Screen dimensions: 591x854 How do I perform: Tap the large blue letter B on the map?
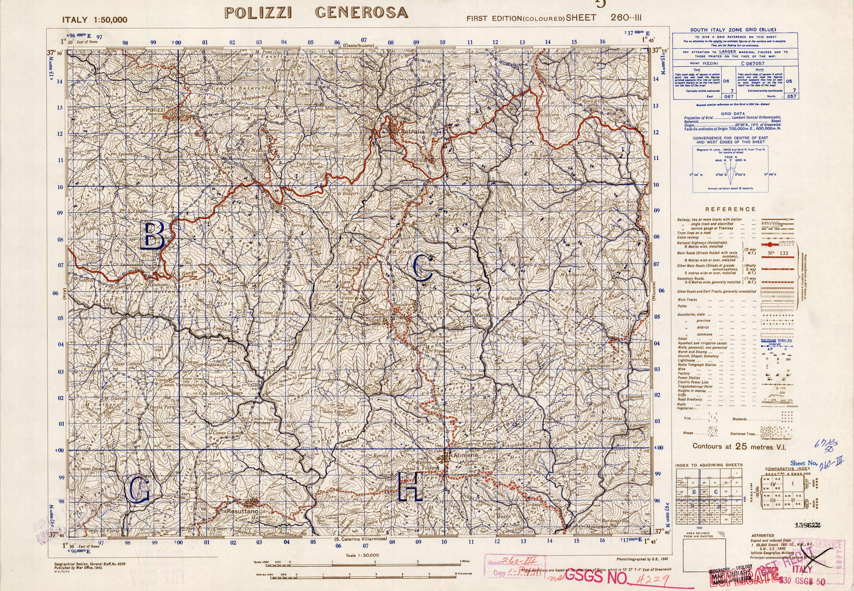coord(153,236)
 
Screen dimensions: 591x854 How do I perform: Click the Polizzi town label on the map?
coord(155,110)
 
